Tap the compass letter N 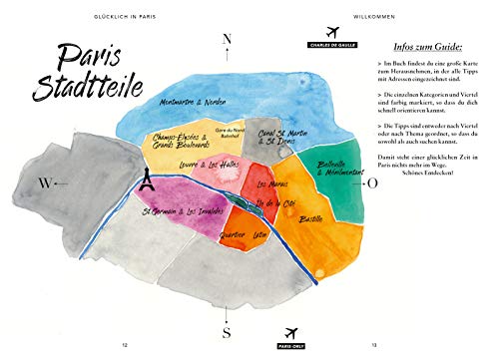tap(228, 40)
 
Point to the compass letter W tap(44, 182)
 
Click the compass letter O tap(371, 183)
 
